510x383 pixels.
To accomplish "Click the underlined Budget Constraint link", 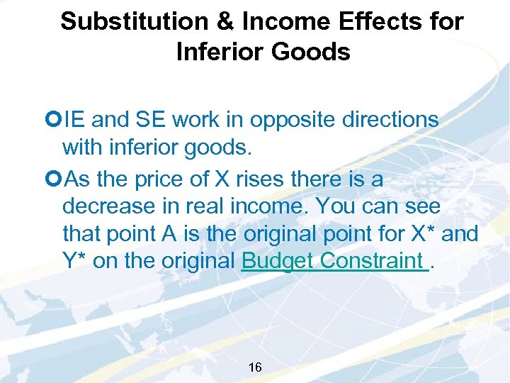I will point(335,260).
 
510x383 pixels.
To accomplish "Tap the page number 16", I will point(255,367).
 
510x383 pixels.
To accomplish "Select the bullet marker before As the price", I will point(56,179).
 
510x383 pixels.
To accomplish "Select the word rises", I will point(262,179).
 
